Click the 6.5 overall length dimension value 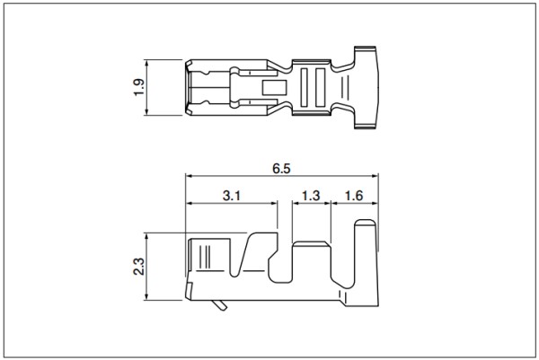281,169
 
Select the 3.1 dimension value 232,196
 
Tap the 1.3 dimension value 311,196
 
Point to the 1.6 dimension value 354,196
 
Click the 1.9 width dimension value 139,87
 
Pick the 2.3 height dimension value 139,267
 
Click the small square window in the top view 274,88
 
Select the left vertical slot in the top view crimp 304,88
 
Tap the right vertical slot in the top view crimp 320,88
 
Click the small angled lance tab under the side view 220,305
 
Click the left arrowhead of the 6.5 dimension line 189,176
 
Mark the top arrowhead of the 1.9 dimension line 146,63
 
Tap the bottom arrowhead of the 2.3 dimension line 146,297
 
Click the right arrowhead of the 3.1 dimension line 274,203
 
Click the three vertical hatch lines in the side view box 208,257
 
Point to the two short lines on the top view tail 345,88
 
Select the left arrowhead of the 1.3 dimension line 296,203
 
